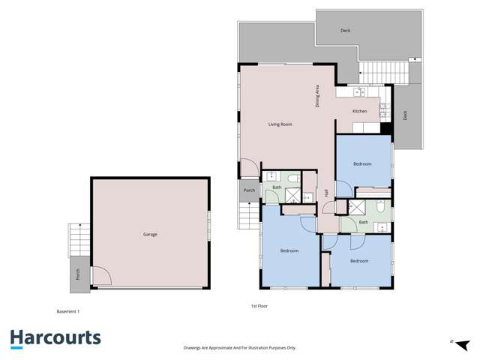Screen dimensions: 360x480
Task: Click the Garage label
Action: click(x=150, y=235)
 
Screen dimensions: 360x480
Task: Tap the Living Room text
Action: click(x=280, y=124)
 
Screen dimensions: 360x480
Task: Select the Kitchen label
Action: click(x=360, y=111)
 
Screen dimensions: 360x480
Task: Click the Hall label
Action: click(x=327, y=193)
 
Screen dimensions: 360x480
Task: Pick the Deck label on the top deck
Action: click(x=345, y=31)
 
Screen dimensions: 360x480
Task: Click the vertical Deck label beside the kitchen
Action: click(x=405, y=115)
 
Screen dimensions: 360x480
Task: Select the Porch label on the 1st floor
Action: click(x=249, y=190)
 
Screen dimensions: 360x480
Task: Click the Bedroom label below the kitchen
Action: click(x=362, y=163)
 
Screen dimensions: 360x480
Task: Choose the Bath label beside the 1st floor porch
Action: click(x=276, y=187)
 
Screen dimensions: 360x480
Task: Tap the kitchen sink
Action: click(x=358, y=92)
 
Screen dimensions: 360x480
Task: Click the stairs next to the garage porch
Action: click(x=75, y=240)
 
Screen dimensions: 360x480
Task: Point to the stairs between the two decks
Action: click(x=383, y=72)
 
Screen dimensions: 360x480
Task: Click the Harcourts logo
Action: click(x=55, y=338)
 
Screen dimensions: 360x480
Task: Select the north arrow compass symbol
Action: click(x=460, y=343)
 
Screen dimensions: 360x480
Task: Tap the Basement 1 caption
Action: click(x=68, y=310)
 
